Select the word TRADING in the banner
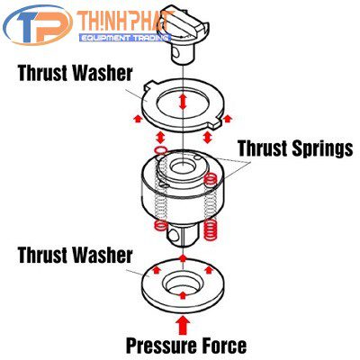click(x=152, y=38)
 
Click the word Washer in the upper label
click(x=103, y=73)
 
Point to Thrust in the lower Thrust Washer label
click(x=43, y=255)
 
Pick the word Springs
click(x=322, y=149)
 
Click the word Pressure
click(x=166, y=345)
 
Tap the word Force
click(x=227, y=345)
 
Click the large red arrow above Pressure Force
click(x=183, y=325)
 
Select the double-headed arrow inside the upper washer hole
click(x=183, y=102)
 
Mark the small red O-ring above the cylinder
click(x=160, y=150)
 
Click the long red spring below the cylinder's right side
click(x=211, y=229)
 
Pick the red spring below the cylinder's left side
click(x=160, y=226)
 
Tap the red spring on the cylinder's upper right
click(x=211, y=179)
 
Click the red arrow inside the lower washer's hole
click(x=183, y=295)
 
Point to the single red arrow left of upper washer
click(x=138, y=119)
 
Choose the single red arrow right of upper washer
click(x=228, y=119)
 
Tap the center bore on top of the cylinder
click(x=182, y=166)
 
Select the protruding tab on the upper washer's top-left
click(x=150, y=85)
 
